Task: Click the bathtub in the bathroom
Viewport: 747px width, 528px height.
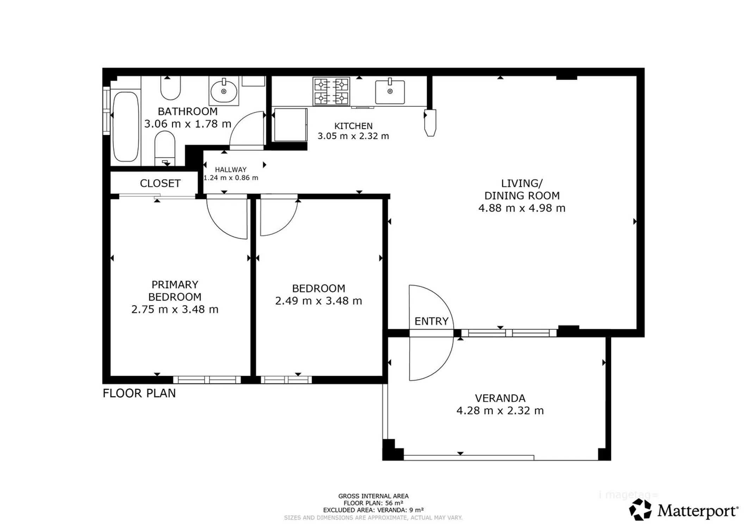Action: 125,127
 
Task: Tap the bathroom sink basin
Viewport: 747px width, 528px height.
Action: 224,91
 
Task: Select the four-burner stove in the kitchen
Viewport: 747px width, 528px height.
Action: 331,91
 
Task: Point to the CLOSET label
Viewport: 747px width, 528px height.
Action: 160,183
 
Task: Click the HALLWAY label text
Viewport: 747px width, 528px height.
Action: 231,170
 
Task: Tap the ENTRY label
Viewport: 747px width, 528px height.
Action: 431,321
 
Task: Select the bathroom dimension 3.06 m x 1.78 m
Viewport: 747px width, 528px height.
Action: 188,124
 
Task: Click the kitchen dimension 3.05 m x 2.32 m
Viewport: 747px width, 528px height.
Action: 353,136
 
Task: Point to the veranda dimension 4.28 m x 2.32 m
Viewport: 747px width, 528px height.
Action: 500,410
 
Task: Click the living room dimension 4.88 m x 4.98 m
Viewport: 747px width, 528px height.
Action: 522,208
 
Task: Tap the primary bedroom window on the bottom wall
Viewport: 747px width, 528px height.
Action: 207,380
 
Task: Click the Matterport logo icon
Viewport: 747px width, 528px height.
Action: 641,510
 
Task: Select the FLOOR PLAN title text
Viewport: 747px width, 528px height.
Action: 139,393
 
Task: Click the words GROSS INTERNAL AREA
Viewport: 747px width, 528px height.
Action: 373,496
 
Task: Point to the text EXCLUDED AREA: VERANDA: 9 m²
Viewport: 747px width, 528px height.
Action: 373,510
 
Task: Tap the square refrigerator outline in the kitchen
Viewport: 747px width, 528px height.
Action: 291,125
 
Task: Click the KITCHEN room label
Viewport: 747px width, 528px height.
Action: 353,126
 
